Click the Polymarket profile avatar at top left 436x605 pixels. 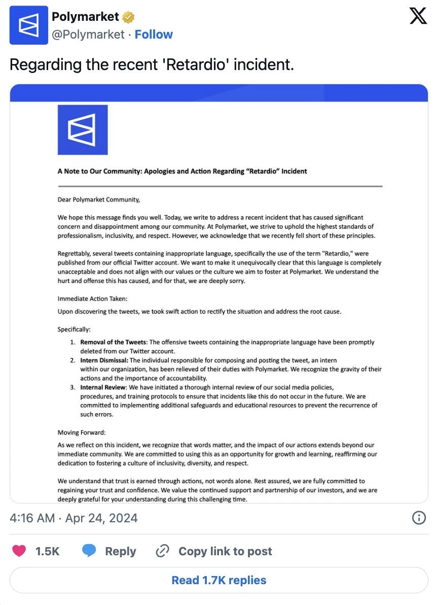pyautogui.click(x=29, y=25)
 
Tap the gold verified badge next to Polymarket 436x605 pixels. pyautogui.click(x=129, y=17)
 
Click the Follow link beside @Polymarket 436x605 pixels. pyautogui.click(x=154, y=35)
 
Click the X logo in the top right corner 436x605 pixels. pyautogui.click(x=418, y=17)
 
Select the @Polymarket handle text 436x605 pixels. pyautogui.click(x=88, y=35)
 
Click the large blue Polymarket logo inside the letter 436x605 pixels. pyautogui.click(x=83, y=130)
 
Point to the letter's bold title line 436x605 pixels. pyautogui.click(x=182, y=171)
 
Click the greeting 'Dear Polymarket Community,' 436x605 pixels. pyautogui.click(x=98, y=199)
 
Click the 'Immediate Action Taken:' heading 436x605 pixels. pyautogui.click(x=92, y=298)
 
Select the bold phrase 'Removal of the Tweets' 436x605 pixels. pyautogui.click(x=113, y=342)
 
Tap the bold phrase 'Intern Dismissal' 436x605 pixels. pyautogui.click(x=104, y=360)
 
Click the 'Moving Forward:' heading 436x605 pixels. pyautogui.click(x=82, y=432)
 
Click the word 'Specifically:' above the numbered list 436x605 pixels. pyautogui.click(x=74, y=329)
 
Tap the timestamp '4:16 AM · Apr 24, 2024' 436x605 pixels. pyautogui.click(x=74, y=518)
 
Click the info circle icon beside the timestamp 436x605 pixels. pyautogui.click(x=418, y=518)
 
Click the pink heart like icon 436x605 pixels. pyautogui.click(x=19, y=551)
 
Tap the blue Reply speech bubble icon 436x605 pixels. pyautogui.click(x=89, y=551)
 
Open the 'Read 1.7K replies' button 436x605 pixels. pyautogui.click(x=219, y=580)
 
